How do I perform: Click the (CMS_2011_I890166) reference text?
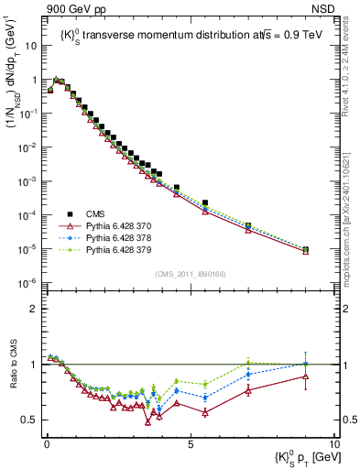[190, 274]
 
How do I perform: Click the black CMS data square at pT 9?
[305, 249]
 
